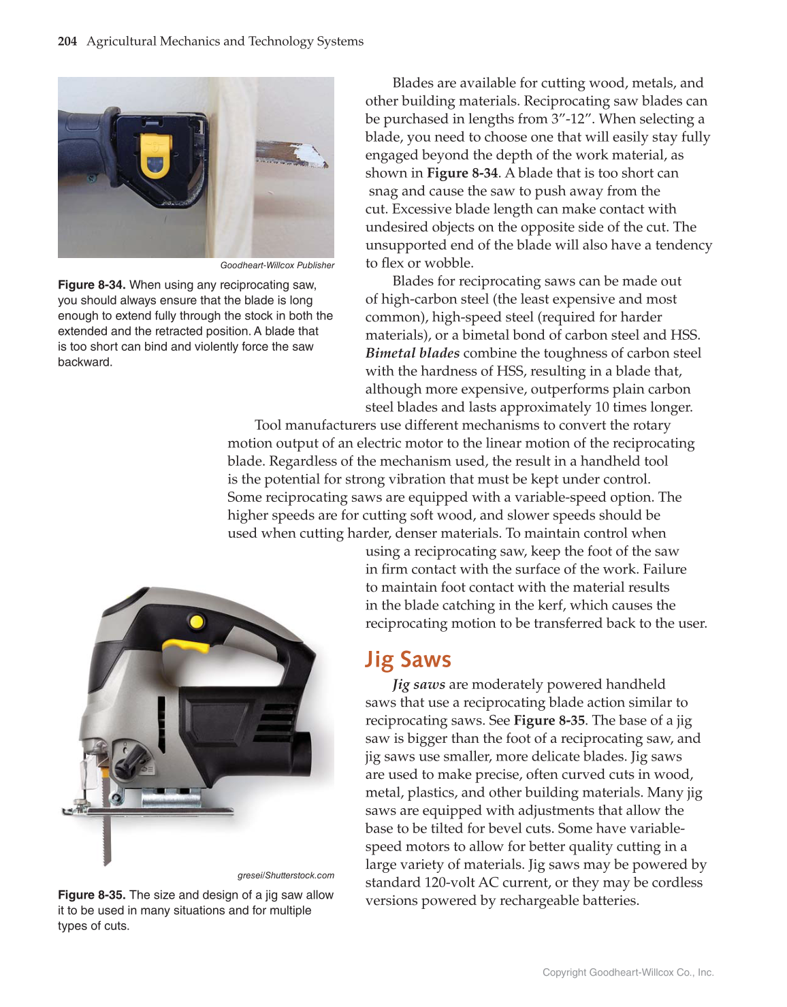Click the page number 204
[x=67, y=42]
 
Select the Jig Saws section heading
[x=408, y=659]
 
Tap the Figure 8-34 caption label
[x=91, y=285]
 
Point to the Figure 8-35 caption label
[x=91, y=895]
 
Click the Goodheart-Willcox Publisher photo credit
[x=277, y=266]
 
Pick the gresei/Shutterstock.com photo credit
[x=286, y=876]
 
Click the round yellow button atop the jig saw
[x=197, y=621]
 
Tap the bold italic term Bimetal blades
[x=412, y=353]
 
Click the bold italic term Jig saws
[x=419, y=684]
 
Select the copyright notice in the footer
[x=628, y=972]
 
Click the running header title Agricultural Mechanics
[x=225, y=42]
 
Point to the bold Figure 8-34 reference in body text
[x=462, y=173]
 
